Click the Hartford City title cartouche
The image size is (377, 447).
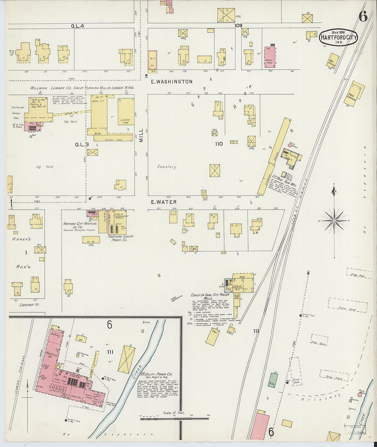click(338, 38)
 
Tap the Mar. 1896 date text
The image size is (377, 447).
click(338, 32)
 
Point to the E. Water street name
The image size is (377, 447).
click(164, 202)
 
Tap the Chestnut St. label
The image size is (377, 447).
click(29, 305)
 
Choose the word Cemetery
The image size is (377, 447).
click(167, 167)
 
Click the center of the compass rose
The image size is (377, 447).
click(334, 221)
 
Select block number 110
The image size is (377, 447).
click(219, 144)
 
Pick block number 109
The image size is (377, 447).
click(239, 25)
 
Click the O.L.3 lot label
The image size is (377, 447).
click(82, 145)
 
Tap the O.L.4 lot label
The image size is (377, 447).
click(77, 26)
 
